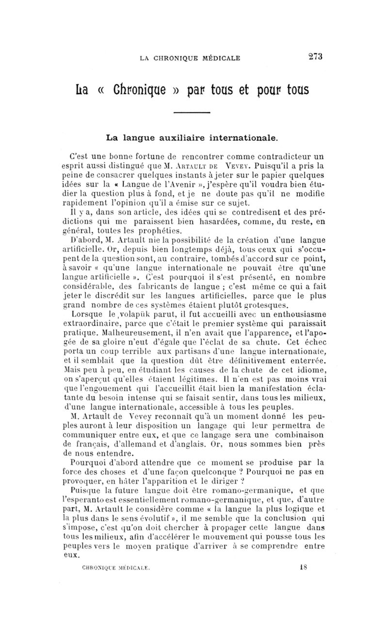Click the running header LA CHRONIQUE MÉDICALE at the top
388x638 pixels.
pyautogui.click(x=190, y=59)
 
